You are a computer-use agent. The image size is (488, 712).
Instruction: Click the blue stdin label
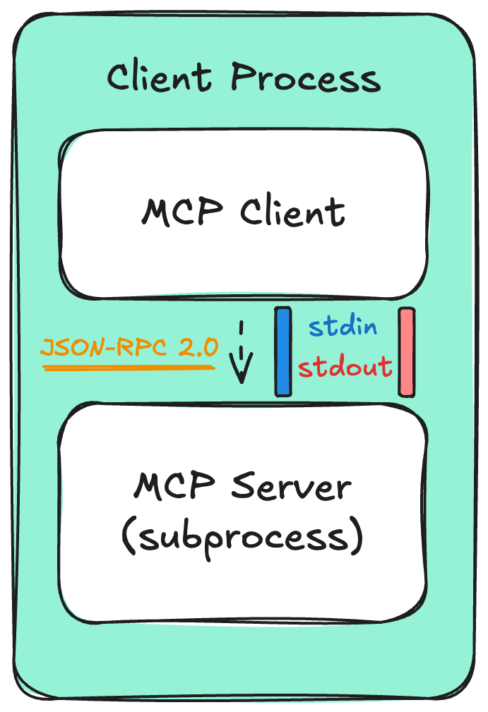[x=343, y=327]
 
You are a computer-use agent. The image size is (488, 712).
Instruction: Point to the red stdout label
[x=345, y=366]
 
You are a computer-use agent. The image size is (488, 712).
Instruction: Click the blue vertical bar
[x=283, y=351]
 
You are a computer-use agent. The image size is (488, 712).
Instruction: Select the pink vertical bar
[x=406, y=351]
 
